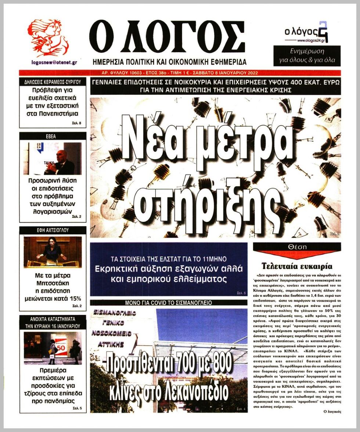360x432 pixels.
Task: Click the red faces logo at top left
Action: (48, 37)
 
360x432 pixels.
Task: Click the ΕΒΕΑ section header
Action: (53, 136)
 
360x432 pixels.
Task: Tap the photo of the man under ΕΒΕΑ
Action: (53, 158)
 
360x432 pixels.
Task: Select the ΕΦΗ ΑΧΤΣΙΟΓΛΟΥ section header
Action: (53, 230)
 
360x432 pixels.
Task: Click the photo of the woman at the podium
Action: (53, 252)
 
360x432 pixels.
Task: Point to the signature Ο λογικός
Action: (331, 411)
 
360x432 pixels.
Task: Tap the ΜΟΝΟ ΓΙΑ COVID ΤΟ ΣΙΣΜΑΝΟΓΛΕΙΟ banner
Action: (169, 303)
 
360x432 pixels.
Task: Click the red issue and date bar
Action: (180, 73)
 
